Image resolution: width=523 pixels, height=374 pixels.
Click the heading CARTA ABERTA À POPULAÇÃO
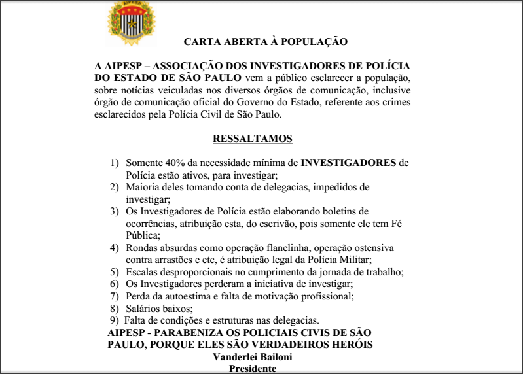[x=265, y=42]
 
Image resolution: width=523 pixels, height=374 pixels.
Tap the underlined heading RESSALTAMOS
[x=253, y=139]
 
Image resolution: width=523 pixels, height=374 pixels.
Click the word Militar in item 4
[x=319, y=260]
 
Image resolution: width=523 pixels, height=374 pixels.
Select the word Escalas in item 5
[x=142, y=271]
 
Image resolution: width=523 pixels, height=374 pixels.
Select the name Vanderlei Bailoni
[x=253, y=357]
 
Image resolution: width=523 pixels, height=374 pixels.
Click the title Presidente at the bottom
[x=253, y=368]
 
